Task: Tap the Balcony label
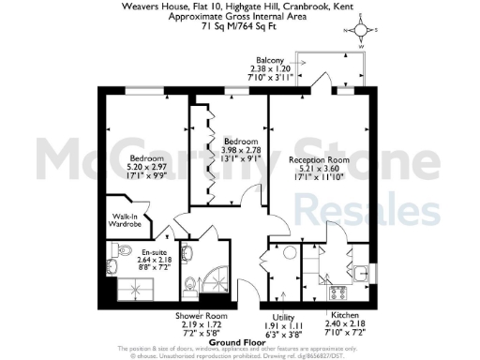271,59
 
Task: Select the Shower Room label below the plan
197,315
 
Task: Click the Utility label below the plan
283,315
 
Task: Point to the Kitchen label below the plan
342,315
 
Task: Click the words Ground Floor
234,341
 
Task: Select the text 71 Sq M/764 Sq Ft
240,27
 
